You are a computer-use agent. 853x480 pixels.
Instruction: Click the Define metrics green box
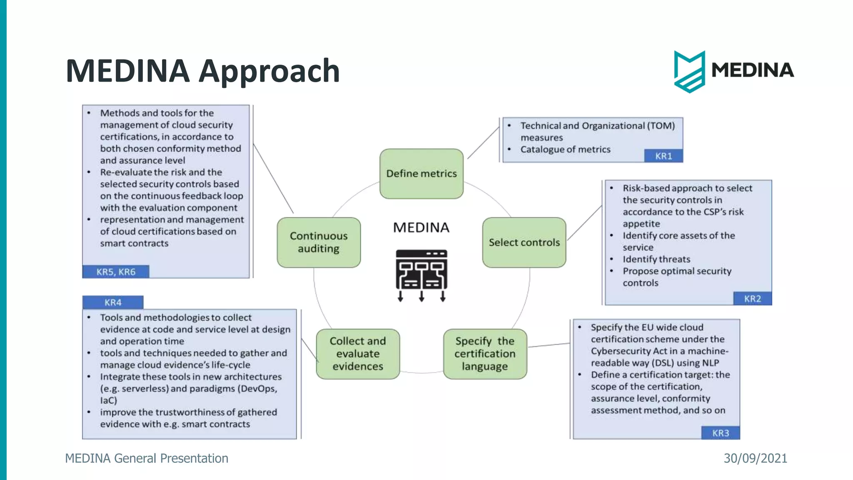pos(421,174)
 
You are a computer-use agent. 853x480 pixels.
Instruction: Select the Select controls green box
pos(524,242)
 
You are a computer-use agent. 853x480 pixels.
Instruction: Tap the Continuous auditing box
pos(319,242)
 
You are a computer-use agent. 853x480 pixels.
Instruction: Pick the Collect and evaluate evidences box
pos(358,354)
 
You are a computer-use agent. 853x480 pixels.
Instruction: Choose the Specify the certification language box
pos(485,354)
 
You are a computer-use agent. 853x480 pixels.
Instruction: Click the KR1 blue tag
pos(663,156)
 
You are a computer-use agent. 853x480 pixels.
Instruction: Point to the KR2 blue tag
pos(752,299)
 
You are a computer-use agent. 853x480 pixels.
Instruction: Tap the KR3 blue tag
pos(721,433)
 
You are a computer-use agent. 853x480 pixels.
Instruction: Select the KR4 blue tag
pos(113,302)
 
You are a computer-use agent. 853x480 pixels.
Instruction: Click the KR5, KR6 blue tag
pos(116,272)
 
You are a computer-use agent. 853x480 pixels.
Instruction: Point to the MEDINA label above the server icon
pos(421,227)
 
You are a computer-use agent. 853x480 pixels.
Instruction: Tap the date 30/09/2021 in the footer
pos(755,458)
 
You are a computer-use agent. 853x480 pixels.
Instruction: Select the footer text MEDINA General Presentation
pos(147,458)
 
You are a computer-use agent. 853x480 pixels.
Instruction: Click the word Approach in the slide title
pos(269,71)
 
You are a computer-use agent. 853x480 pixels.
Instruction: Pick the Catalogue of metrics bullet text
pos(565,150)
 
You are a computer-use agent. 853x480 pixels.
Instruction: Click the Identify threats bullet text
pos(656,259)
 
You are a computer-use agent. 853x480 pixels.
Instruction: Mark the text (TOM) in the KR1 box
pos(661,126)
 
